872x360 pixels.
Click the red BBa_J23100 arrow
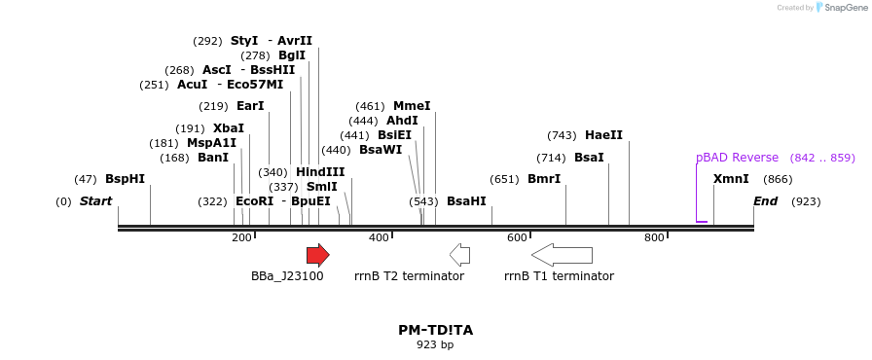point(317,255)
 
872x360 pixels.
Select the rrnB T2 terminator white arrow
point(459,255)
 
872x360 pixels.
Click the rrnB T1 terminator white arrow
point(562,255)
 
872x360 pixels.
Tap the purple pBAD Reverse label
point(737,158)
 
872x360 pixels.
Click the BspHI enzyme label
point(125,179)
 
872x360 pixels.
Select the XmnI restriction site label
point(731,179)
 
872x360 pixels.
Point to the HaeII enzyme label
point(603,135)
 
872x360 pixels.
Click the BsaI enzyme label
point(589,158)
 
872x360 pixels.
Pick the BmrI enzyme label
point(544,179)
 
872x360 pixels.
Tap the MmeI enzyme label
point(412,106)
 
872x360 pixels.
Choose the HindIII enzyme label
point(320,172)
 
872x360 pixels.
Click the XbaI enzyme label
point(229,128)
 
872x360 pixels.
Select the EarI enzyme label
point(250,106)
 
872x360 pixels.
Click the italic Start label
point(95,201)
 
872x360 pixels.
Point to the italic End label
point(766,201)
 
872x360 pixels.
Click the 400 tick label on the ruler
point(379,237)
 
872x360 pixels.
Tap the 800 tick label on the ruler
point(654,237)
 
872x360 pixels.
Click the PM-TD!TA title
point(435,330)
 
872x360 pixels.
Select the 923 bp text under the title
point(435,344)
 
